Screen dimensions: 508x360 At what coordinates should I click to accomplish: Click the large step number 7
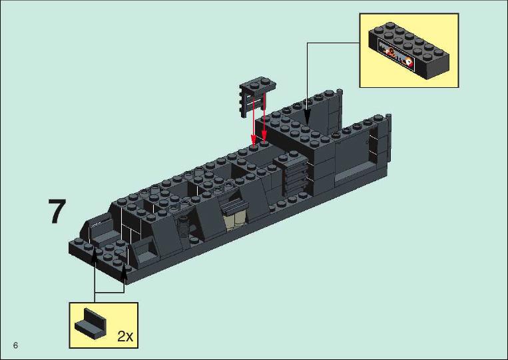[x=57, y=211]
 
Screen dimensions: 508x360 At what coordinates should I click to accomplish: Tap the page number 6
[x=15, y=345]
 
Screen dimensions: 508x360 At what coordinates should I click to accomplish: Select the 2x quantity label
[x=125, y=336]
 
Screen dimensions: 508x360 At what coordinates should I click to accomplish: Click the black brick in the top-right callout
[x=409, y=51]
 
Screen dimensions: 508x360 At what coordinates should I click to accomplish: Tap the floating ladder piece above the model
[x=257, y=94]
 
